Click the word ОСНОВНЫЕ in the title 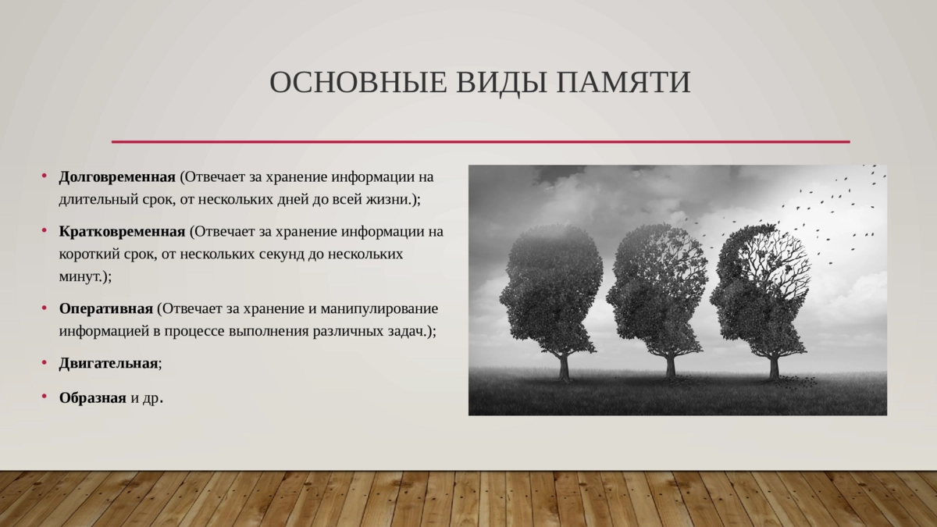[358, 83]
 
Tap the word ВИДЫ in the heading [501, 84]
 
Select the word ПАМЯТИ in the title [623, 83]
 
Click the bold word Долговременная [117, 177]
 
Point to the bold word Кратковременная [122, 232]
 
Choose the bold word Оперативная [106, 309]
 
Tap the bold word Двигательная [109, 364]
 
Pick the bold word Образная [92, 397]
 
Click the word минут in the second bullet [80, 277]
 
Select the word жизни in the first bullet [387, 200]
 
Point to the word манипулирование [379, 309]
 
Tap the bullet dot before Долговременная [45, 176]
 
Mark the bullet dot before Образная [45, 396]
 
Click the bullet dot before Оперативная [45, 308]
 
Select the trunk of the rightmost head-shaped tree [774, 365]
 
